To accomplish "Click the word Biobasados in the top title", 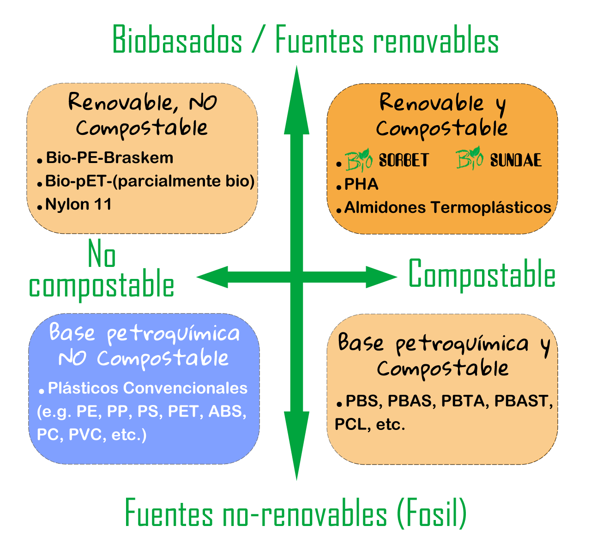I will pyautogui.click(x=177, y=41).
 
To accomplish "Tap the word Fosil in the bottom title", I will pyautogui.click(x=432, y=514).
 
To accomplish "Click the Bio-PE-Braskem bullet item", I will pyautogui.click(x=109, y=158).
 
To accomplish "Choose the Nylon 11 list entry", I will pyautogui.click(x=78, y=204).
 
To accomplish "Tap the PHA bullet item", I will pyautogui.click(x=362, y=185).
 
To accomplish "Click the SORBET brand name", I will pyautogui.click(x=404, y=160).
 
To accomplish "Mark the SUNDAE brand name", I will pyautogui.click(x=516, y=160).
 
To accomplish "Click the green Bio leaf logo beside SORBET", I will pyautogui.click(x=359, y=160).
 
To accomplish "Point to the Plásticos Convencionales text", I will pyautogui.click(x=148, y=388).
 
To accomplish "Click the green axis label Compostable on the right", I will pyautogui.click(x=482, y=275).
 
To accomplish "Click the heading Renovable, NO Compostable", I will pyautogui.click(x=142, y=115).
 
